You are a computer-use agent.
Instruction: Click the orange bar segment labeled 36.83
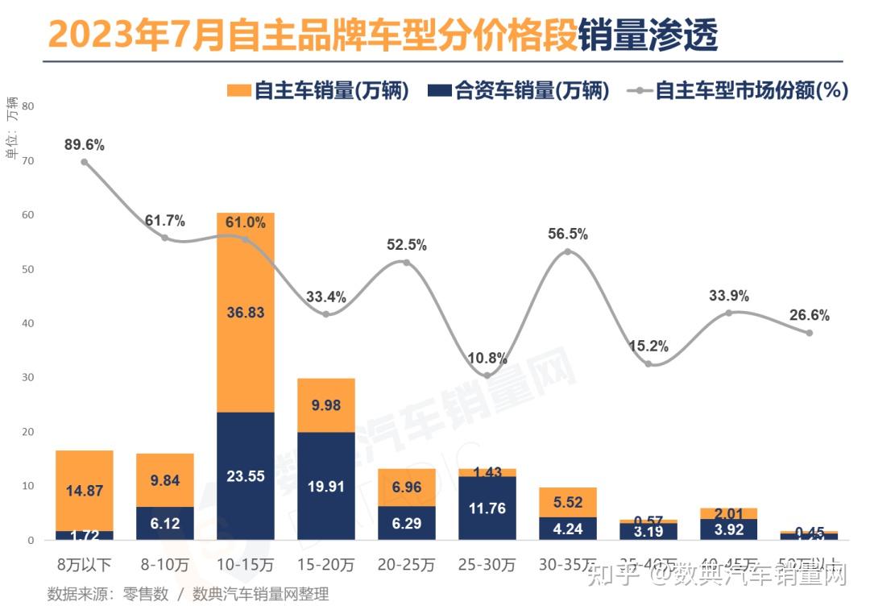point(246,312)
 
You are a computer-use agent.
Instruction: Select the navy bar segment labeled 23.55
point(246,475)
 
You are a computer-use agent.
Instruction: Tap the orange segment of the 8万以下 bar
point(85,490)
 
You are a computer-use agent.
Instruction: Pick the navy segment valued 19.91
point(326,485)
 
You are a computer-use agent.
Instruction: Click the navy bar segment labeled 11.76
point(487,508)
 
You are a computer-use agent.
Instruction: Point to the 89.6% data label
point(85,145)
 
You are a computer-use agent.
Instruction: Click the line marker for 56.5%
point(568,251)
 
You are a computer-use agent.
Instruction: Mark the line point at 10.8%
point(487,375)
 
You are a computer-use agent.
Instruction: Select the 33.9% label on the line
point(729,296)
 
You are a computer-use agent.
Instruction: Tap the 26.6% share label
point(810,315)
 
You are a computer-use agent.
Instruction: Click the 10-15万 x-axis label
point(246,564)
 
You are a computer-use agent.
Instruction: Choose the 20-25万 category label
point(407,564)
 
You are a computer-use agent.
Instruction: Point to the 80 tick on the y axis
point(28,106)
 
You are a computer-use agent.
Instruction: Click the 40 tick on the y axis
point(28,323)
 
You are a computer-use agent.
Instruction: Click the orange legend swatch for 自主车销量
point(239,90)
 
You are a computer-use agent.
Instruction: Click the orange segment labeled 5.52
point(568,501)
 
